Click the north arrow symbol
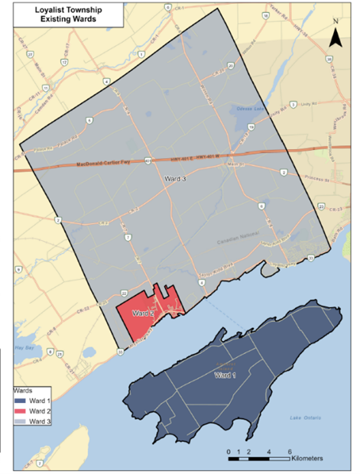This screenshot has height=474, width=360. tap(334, 36)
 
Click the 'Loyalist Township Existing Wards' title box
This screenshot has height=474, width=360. tap(63, 16)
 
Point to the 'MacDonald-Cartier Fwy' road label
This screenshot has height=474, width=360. tap(104, 164)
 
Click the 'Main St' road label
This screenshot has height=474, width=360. tap(235, 163)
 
